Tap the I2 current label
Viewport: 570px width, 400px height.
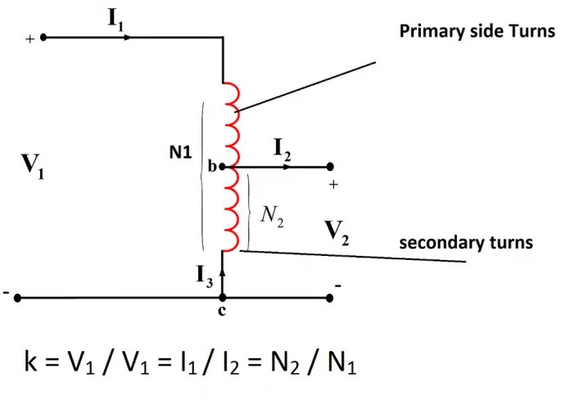point(283,149)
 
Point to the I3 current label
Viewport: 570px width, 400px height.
point(205,276)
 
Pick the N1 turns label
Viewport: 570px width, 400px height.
point(181,152)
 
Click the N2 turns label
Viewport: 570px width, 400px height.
point(272,215)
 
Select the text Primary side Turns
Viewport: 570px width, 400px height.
point(477,32)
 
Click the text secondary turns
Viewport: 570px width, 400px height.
point(466,243)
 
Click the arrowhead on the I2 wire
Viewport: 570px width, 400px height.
point(286,167)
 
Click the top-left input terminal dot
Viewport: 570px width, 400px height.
point(43,37)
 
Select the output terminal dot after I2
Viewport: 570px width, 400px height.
point(329,167)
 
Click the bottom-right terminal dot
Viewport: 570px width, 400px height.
point(329,299)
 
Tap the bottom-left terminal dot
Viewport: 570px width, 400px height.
point(16,299)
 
